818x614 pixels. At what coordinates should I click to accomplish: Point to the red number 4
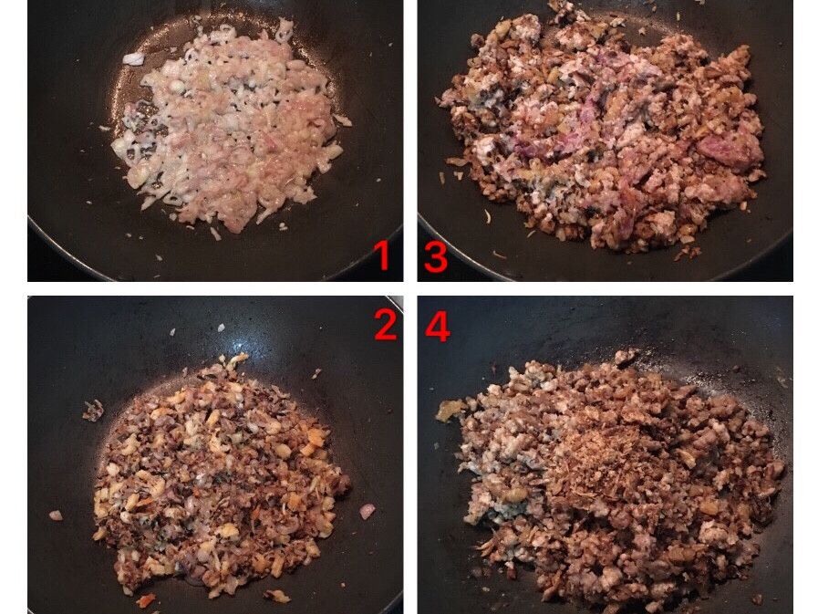[x=438, y=328]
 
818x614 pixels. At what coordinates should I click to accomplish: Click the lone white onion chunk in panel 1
[x=133, y=59]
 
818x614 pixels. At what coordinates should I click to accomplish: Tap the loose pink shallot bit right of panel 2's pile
[x=368, y=511]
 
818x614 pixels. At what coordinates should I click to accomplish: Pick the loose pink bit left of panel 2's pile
[x=56, y=515]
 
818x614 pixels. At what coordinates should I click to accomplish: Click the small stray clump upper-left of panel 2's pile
[x=93, y=411]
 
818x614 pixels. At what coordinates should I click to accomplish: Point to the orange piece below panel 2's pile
[x=146, y=600]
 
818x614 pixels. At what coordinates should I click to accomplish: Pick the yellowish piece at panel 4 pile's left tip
[x=450, y=411]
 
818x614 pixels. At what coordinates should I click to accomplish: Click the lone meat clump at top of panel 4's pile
[x=626, y=357]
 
